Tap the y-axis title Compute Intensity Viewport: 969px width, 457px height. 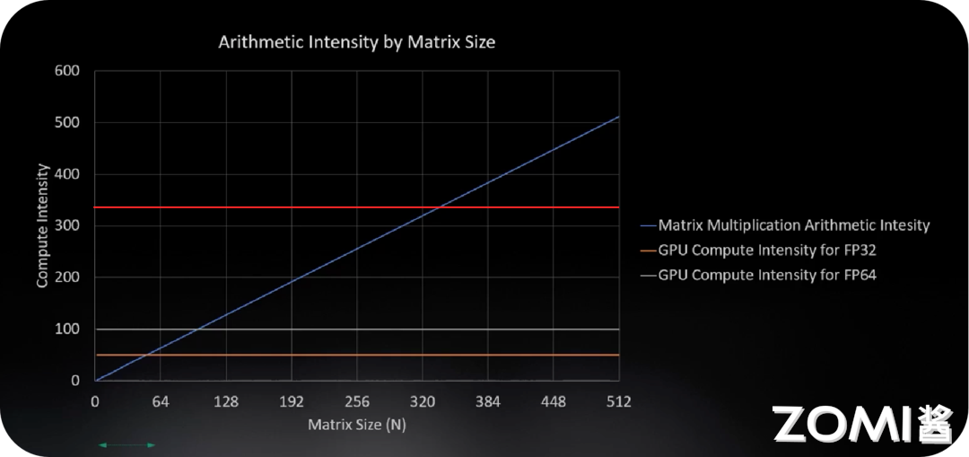[42, 225]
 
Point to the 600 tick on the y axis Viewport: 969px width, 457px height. [68, 71]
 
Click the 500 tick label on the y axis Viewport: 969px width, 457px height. [68, 122]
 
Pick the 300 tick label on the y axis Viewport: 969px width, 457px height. [68, 225]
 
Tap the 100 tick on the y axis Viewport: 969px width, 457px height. [68, 330]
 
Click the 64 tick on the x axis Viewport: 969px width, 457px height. [161, 401]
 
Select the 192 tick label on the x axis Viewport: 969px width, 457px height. [292, 401]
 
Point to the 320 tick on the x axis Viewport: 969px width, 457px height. [423, 401]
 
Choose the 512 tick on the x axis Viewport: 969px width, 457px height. [618, 401]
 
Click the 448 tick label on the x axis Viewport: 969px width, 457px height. [554, 401]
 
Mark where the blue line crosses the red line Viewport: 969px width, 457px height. [437, 207]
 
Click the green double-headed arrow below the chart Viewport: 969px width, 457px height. [127, 444]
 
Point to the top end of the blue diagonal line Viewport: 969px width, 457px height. [619, 116]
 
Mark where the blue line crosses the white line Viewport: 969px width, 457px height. [197, 330]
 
